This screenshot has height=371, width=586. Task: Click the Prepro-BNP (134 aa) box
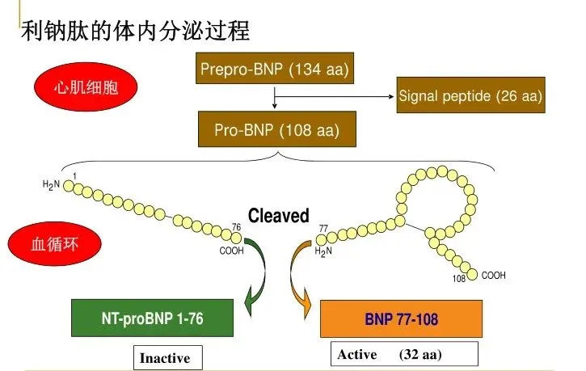pyautogui.click(x=275, y=70)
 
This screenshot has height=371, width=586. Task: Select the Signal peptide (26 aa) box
pyautogui.click(x=470, y=96)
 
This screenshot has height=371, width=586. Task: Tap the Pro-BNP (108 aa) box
pyautogui.click(x=275, y=129)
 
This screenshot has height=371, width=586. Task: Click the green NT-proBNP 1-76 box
pyautogui.click(x=152, y=318)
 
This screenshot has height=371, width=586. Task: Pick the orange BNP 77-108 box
pyautogui.click(x=401, y=319)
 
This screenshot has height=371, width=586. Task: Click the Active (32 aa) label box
pyautogui.click(x=405, y=355)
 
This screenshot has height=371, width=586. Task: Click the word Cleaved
pyautogui.click(x=278, y=216)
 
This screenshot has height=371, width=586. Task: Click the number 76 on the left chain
pyautogui.click(x=237, y=227)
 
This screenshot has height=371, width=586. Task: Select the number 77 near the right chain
pyautogui.click(x=324, y=229)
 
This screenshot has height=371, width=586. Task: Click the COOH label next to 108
pyautogui.click(x=493, y=276)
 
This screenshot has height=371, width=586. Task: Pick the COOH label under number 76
pyautogui.click(x=231, y=250)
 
